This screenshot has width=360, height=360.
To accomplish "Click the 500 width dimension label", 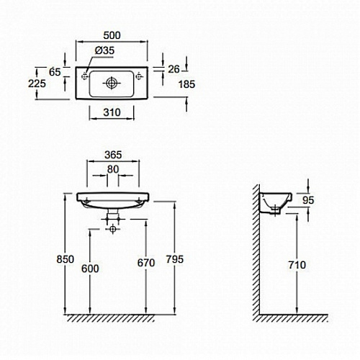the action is coord(112,35).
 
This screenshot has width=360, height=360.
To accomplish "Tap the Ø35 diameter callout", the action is coord(104,50).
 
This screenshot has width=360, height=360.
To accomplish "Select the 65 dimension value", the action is coord(55,72).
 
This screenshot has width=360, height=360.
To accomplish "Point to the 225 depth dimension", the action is coord(37,84).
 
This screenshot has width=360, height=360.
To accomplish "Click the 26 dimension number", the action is coord(174,69).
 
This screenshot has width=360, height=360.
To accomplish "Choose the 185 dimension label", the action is coord(186,84).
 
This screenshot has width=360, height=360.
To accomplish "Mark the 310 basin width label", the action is coord(112,112).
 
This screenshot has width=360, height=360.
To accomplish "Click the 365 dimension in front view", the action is coord(113,155).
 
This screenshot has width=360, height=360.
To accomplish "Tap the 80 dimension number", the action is coord(113,169).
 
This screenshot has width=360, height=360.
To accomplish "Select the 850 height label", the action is coord(66,259).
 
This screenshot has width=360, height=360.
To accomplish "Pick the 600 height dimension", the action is coord(90,269).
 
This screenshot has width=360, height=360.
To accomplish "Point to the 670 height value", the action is coord(146,263).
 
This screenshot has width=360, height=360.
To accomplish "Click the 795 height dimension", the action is coord(175,259).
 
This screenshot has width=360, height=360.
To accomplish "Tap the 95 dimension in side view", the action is coord(308,200).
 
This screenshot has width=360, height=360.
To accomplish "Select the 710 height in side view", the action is coord(297,265).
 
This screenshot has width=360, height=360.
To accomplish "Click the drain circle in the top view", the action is coord(112,83).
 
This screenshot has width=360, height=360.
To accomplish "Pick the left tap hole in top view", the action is coord(84,76).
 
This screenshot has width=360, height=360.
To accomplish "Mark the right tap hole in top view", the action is coord(139,76).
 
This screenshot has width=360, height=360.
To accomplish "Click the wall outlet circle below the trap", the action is coord(113,229).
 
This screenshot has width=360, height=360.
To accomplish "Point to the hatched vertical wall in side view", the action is coord(256,250).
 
